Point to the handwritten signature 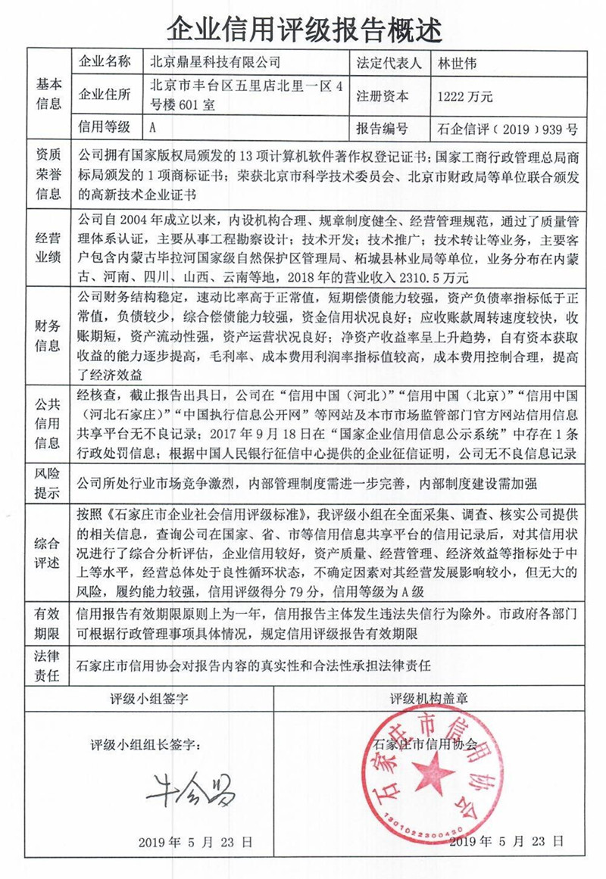coord(189,789)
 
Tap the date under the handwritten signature coord(195,842)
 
